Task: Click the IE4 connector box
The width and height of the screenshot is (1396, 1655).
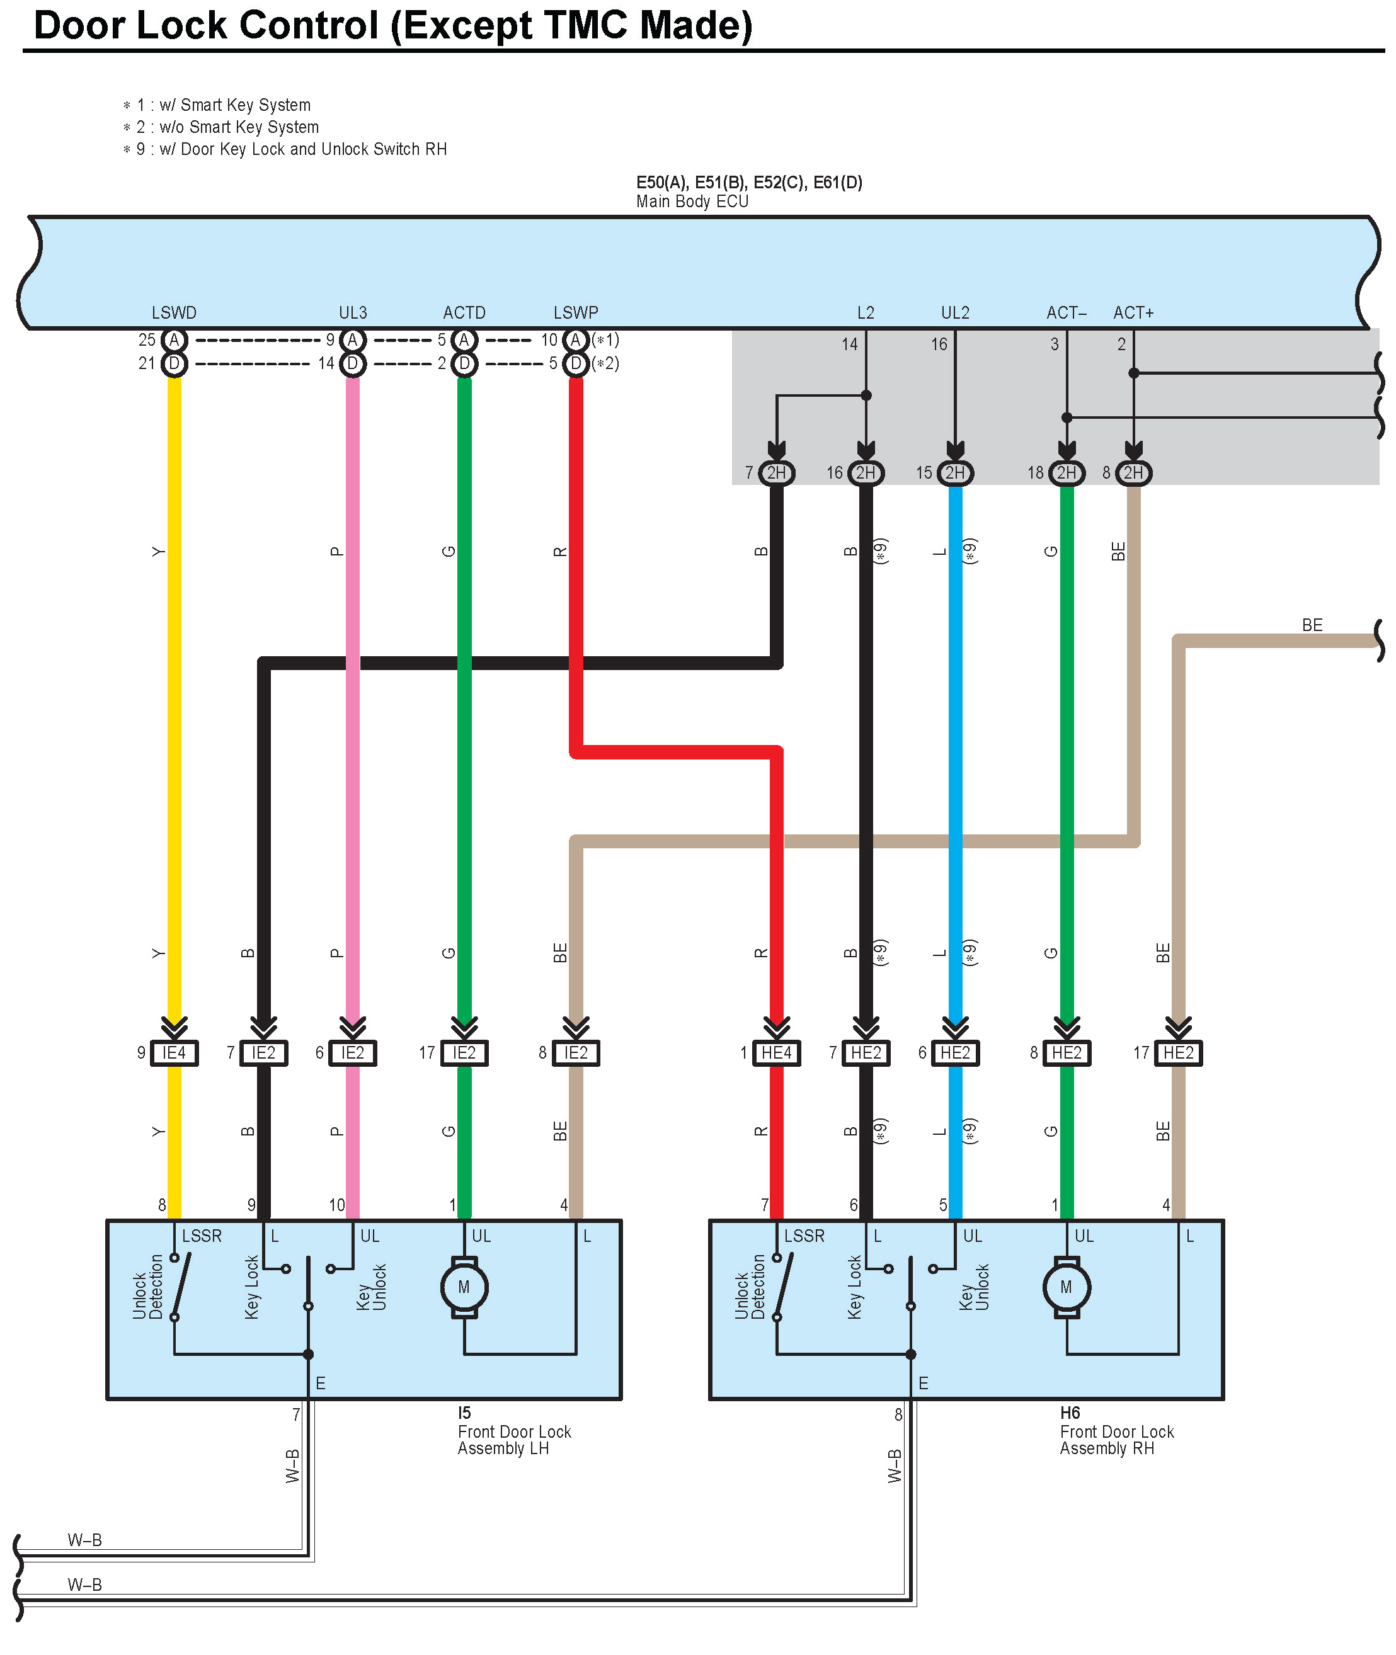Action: (x=174, y=1053)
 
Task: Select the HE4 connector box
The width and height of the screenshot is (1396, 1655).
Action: (x=776, y=1053)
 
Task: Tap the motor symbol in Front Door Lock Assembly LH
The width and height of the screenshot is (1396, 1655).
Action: (x=464, y=1287)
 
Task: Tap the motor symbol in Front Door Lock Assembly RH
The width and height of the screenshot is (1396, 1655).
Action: (x=1066, y=1287)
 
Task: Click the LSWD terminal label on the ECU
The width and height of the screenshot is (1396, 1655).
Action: (x=174, y=312)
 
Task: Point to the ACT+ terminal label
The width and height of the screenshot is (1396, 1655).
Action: (x=1133, y=312)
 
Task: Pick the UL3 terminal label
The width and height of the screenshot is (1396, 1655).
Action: (x=353, y=312)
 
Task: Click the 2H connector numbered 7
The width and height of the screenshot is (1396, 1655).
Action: (x=776, y=473)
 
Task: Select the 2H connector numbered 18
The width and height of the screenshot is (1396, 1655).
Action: (x=1066, y=473)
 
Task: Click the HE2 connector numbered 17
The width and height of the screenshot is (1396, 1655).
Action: (x=1179, y=1053)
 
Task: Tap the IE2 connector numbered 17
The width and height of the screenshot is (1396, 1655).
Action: (x=464, y=1053)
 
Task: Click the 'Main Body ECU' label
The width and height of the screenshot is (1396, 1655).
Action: (x=692, y=202)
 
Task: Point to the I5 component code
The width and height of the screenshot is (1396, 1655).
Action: (x=464, y=1413)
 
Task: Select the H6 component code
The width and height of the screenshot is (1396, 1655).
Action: (x=1070, y=1413)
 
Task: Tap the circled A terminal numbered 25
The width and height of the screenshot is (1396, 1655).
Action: (x=174, y=340)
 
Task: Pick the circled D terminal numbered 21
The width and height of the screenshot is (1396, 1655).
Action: (x=174, y=364)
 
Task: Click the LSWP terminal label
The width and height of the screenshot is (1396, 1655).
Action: (x=576, y=312)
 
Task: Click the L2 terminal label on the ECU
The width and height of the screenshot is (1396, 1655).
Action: (x=866, y=312)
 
